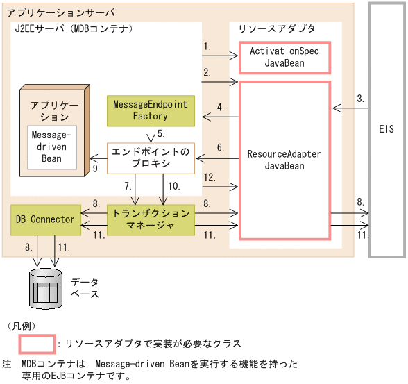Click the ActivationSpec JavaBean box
[284, 57]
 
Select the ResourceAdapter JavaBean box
[284, 160]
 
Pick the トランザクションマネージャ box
[151, 219]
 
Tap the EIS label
[387, 129]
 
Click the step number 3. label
[360, 99]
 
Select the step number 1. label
[207, 47]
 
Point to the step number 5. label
[160, 133]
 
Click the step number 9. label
[96, 167]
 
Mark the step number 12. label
[210, 177]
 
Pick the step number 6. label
[220, 147]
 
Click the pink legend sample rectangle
[37, 344]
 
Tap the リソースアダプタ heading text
[276, 28]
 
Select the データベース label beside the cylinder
[85, 287]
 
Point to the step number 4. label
[220, 108]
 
